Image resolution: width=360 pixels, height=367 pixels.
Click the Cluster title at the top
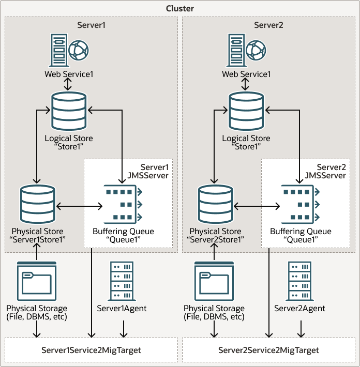click(180, 9)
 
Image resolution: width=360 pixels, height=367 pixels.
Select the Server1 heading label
click(91, 25)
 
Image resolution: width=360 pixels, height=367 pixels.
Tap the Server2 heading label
click(268, 25)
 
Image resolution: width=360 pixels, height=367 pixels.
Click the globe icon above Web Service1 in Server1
click(78, 50)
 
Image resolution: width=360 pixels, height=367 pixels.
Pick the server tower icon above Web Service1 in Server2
click(235, 50)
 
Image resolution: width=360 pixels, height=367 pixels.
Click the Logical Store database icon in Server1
click(69, 111)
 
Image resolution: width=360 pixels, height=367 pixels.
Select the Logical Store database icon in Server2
click(246, 111)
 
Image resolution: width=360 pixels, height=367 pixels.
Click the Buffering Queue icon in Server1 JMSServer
click(123, 205)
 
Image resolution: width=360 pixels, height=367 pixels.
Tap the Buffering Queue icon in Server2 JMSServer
click(301, 205)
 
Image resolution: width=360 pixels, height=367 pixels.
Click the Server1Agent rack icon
click(122, 282)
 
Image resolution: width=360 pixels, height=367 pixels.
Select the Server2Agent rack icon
click(299, 282)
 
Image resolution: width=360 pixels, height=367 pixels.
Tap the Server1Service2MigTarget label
click(91, 350)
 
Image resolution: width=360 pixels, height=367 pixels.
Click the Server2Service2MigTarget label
click(268, 350)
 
